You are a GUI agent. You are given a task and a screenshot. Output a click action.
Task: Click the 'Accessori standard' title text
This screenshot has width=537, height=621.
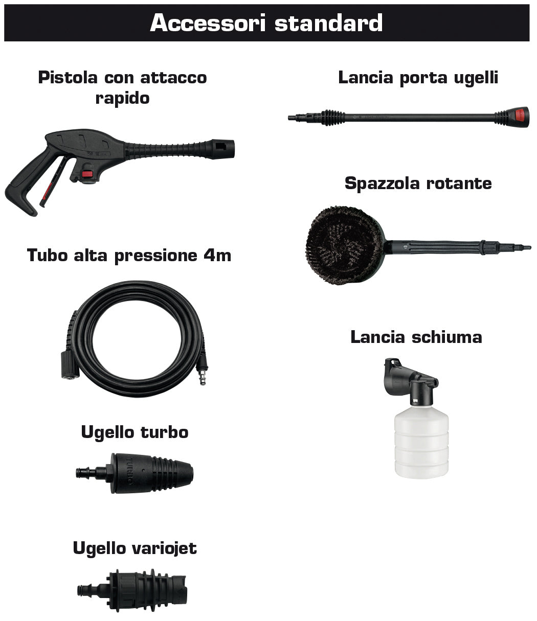(x=266, y=24)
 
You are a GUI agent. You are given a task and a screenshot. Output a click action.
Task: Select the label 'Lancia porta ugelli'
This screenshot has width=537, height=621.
(x=418, y=78)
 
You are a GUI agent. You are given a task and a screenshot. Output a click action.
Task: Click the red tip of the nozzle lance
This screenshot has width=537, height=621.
(x=521, y=117)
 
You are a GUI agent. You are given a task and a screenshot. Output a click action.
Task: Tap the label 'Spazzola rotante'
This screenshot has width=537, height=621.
(x=418, y=183)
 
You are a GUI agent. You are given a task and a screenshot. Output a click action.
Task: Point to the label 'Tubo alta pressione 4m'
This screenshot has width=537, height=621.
(x=129, y=255)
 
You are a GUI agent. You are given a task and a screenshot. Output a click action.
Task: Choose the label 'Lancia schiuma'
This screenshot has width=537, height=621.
(x=416, y=337)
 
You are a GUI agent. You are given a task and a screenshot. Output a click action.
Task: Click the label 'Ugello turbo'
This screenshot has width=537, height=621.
(x=135, y=432)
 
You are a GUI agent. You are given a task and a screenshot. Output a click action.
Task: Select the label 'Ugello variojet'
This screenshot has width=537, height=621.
(x=135, y=548)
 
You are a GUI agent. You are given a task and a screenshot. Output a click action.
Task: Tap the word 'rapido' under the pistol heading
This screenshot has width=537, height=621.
(x=122, y=98)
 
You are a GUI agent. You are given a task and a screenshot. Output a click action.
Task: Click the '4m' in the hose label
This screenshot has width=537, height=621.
(x=217, y=255)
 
